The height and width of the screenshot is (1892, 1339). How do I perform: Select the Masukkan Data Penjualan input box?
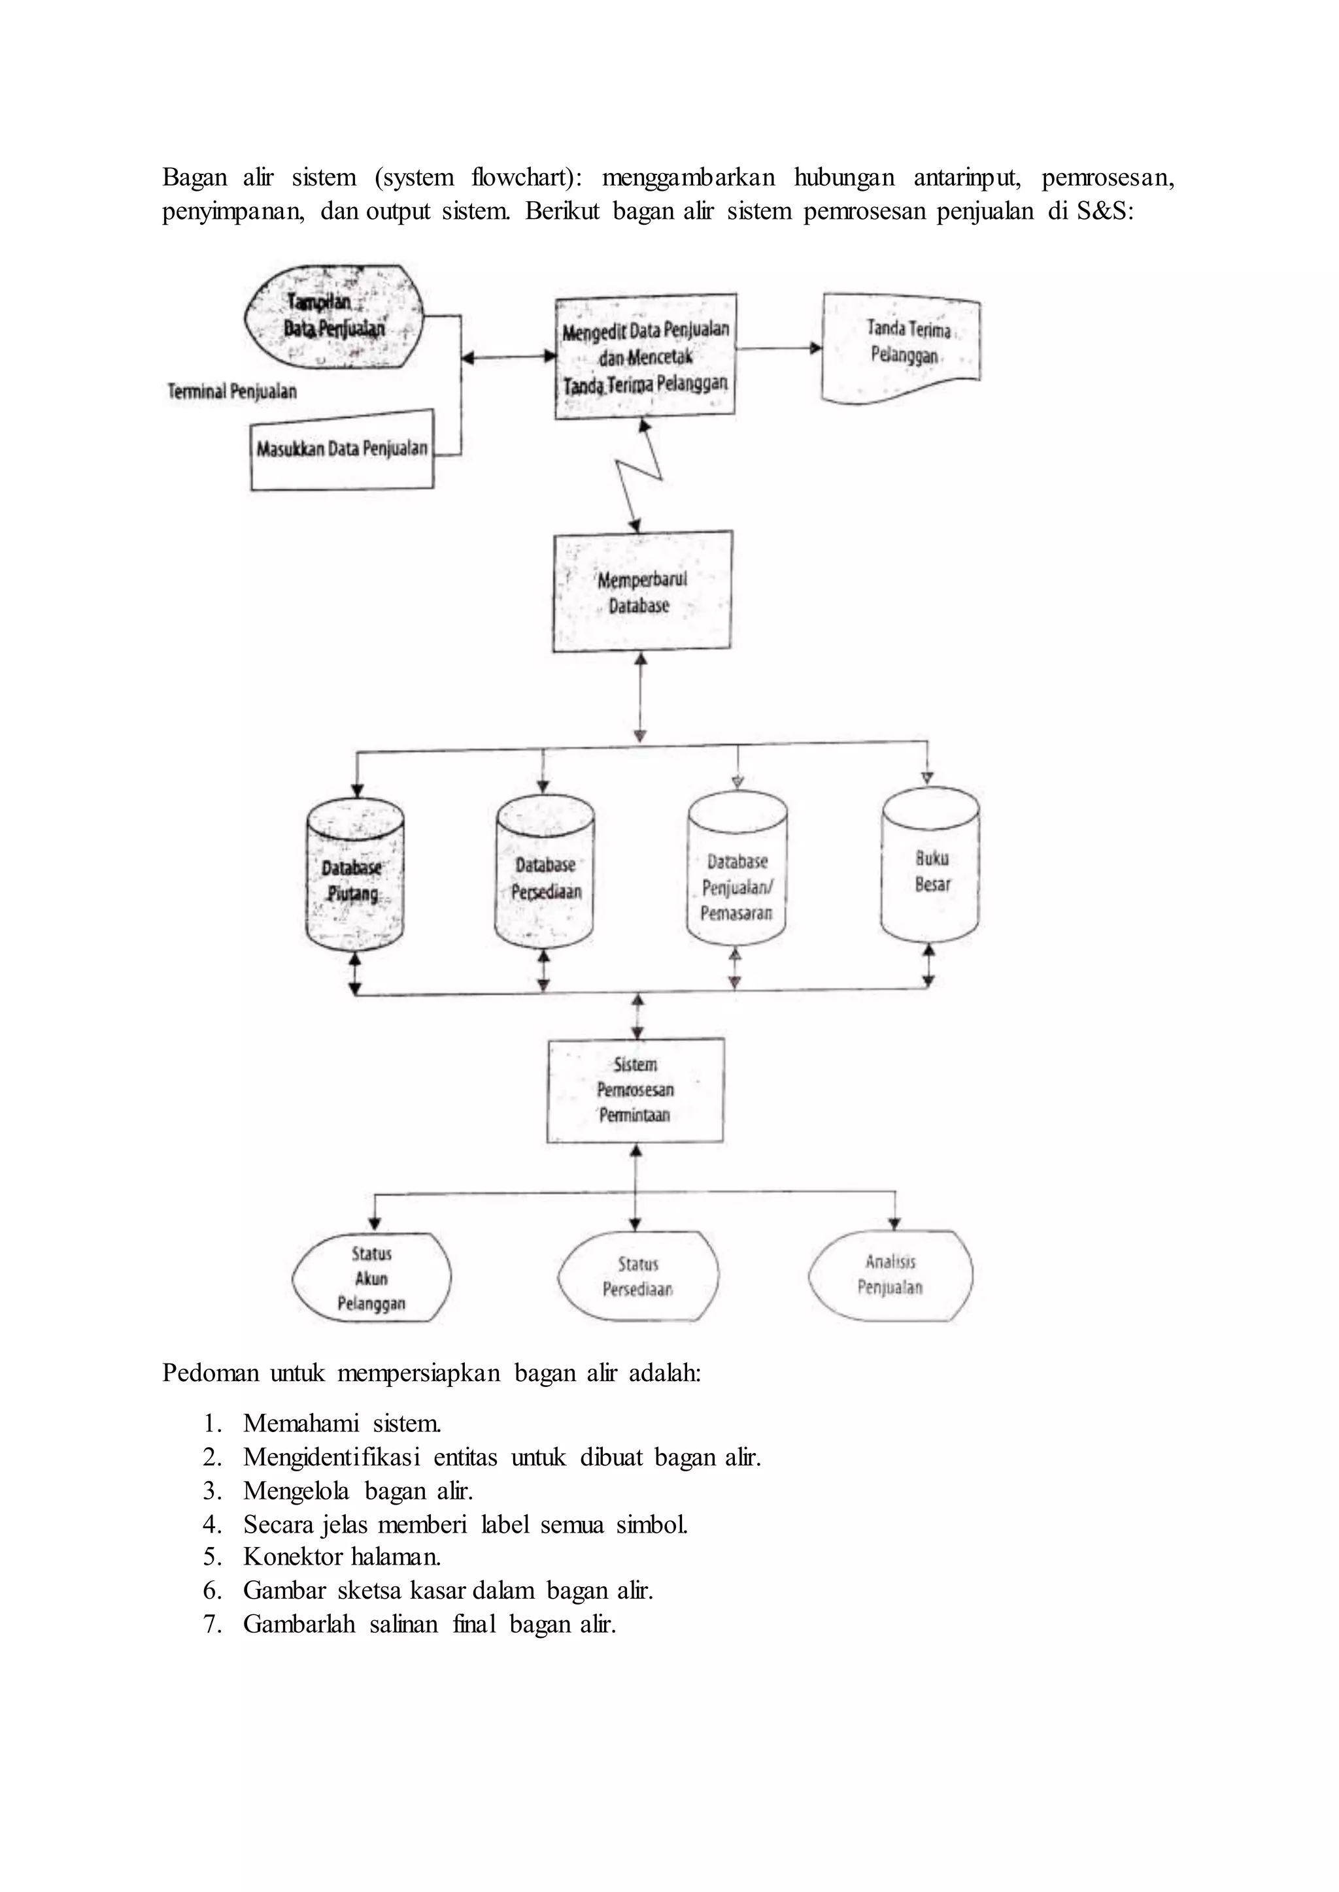(x=342, y=450)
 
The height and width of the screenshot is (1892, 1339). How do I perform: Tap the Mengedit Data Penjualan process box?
(x=645, y=357)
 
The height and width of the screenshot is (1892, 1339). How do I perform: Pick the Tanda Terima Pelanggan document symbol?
(x=901, y=348)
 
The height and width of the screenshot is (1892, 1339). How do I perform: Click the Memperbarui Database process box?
(x=642, y=592)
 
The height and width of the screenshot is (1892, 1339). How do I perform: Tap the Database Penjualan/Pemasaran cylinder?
(x=737, y=868)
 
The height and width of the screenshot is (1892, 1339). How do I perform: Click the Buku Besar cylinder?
(x=931, y=865)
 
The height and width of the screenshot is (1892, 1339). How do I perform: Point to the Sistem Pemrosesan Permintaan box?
(x=636, y=1090)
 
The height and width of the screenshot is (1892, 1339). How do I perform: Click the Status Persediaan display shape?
(x=638, y=1277)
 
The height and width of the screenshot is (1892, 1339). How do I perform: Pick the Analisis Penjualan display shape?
(x=890, y=1275)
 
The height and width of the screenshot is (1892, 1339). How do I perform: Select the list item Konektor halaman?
(x=342, y=1557)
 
